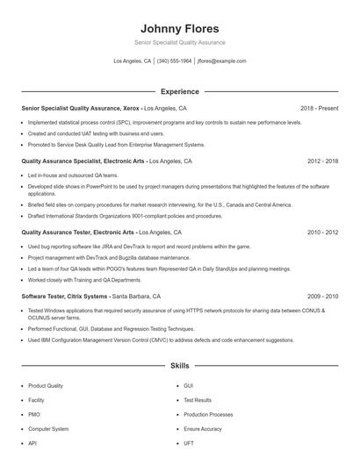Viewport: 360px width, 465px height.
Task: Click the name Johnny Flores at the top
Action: coord(179,28)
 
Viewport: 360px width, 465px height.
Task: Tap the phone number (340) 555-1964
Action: coord(174,61)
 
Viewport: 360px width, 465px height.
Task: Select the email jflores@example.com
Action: coord(221,61)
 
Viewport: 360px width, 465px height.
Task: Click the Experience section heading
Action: coord(179,91)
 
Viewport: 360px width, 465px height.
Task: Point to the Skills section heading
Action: coord(179,365)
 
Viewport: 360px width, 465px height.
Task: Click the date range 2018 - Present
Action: coord(319,108)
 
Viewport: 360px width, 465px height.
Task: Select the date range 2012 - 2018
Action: coord(322,161)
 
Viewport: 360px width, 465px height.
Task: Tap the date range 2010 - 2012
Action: coord(322,232)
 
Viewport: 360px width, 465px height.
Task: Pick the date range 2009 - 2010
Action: coord(322,297)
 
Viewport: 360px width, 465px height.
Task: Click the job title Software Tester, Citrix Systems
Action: coord(65,297)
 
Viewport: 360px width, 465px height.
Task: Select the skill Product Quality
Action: coord(46,386)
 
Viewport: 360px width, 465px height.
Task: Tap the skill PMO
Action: coord(34,414)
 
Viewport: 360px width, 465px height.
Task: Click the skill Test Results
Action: coord(198,400)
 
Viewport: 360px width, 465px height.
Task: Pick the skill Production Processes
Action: coord(208,414)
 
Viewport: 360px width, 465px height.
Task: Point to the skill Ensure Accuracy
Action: coord(203,429)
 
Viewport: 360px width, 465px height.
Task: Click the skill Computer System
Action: coord(48,429)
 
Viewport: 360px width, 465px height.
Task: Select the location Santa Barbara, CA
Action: coord(136,297)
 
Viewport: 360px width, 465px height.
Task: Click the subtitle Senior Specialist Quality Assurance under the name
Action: coord(179,42)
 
